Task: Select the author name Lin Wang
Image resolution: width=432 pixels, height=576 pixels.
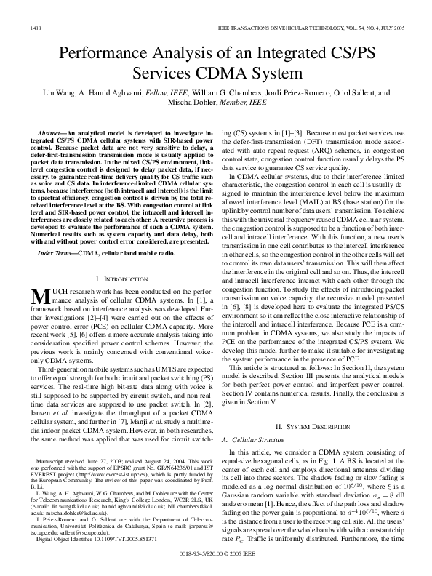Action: (x=81, y=93)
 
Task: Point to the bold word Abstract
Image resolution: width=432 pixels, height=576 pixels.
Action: (x=51, y=135)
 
